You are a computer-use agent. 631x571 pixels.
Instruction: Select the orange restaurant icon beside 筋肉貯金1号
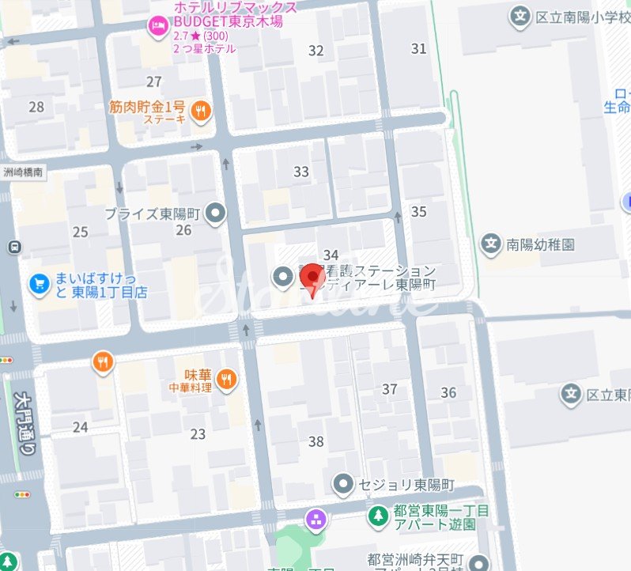pyautogui.click(x=202, y=111)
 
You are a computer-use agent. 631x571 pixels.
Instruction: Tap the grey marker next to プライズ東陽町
pyautogui.click(x=215, y=213)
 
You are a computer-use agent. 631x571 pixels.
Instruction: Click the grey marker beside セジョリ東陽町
pyautogui.click(x=342, y=482)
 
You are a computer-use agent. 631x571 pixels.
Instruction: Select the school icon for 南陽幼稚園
pyautogui.click(x=492, y=244)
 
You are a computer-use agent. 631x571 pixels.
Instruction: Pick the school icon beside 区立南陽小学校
pyautogui.click(x=520, y=17)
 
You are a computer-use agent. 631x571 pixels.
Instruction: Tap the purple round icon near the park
pyautogui.click(x=315, y=520)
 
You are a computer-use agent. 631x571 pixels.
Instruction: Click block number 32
pyautogui.click(x=316, y=51)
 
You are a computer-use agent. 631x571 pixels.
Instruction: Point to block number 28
pyautogui.click(x=36, y=107)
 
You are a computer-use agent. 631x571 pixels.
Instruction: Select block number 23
pyautogui.click(x=198, y=434)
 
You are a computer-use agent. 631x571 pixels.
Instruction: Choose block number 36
pyautogui.click(x=448, y=393)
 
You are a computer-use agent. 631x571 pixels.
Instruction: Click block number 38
pyautogui.click(x=316, y=442)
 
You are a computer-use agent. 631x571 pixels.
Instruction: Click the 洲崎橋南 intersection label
pyautogui.click(x=22, y=172)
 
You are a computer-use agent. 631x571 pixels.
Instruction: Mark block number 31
pyautogui.click(x=418, y=49)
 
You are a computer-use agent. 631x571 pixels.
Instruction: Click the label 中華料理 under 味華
pyautogui.click(x=191, y=388)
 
